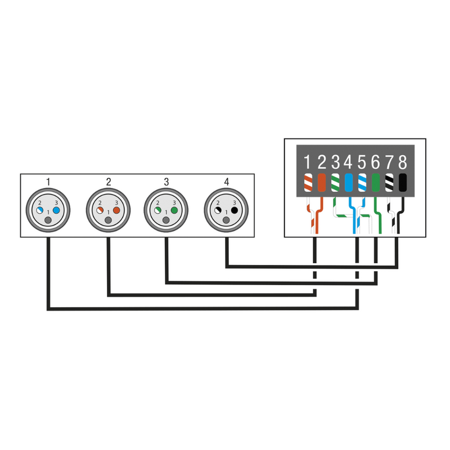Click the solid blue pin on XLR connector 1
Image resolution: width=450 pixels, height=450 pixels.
pyautogui.click(x=56, y=209)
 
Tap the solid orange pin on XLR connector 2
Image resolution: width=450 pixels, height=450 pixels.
pyautogui.click(x=116, y=209)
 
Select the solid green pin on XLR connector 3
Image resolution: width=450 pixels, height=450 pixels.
pyautogui.click(x=174, y=209)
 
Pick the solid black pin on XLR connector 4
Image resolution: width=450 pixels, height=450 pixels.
pyautogui.click(x=233, y=209)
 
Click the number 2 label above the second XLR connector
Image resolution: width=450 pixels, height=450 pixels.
pyautogui.click(x=108, y=182)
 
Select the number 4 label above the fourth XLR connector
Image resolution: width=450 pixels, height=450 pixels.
pyautogui.click(x=226, y=182)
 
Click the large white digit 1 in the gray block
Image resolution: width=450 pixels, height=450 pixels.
pyautogui.click(x=307, y=163)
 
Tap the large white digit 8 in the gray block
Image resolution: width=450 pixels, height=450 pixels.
pyautogui.click(x=402, y=163)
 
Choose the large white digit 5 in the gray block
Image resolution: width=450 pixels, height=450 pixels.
pyautogui.click(x=362, y=163)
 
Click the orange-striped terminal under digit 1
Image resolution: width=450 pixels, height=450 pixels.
pyautogui.click(x=308, y=183)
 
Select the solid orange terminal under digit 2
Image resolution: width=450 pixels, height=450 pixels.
pyautogui.click(x=322, y=183)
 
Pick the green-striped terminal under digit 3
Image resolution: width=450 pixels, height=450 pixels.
pyautogui.click(x=335, y=183)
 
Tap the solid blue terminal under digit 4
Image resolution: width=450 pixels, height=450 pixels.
pyautogui.click(x=349, y=183)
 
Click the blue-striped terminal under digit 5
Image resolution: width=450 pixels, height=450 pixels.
pyautogui.click(x=362, y=183)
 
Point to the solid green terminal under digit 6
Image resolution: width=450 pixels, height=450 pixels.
pyautogui.click(x=376, y=183)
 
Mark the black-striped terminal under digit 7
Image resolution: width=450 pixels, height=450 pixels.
pyautogui.click(x=389, y=183)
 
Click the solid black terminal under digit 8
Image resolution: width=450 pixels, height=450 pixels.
pyautogui.click(x=403, y=183)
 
